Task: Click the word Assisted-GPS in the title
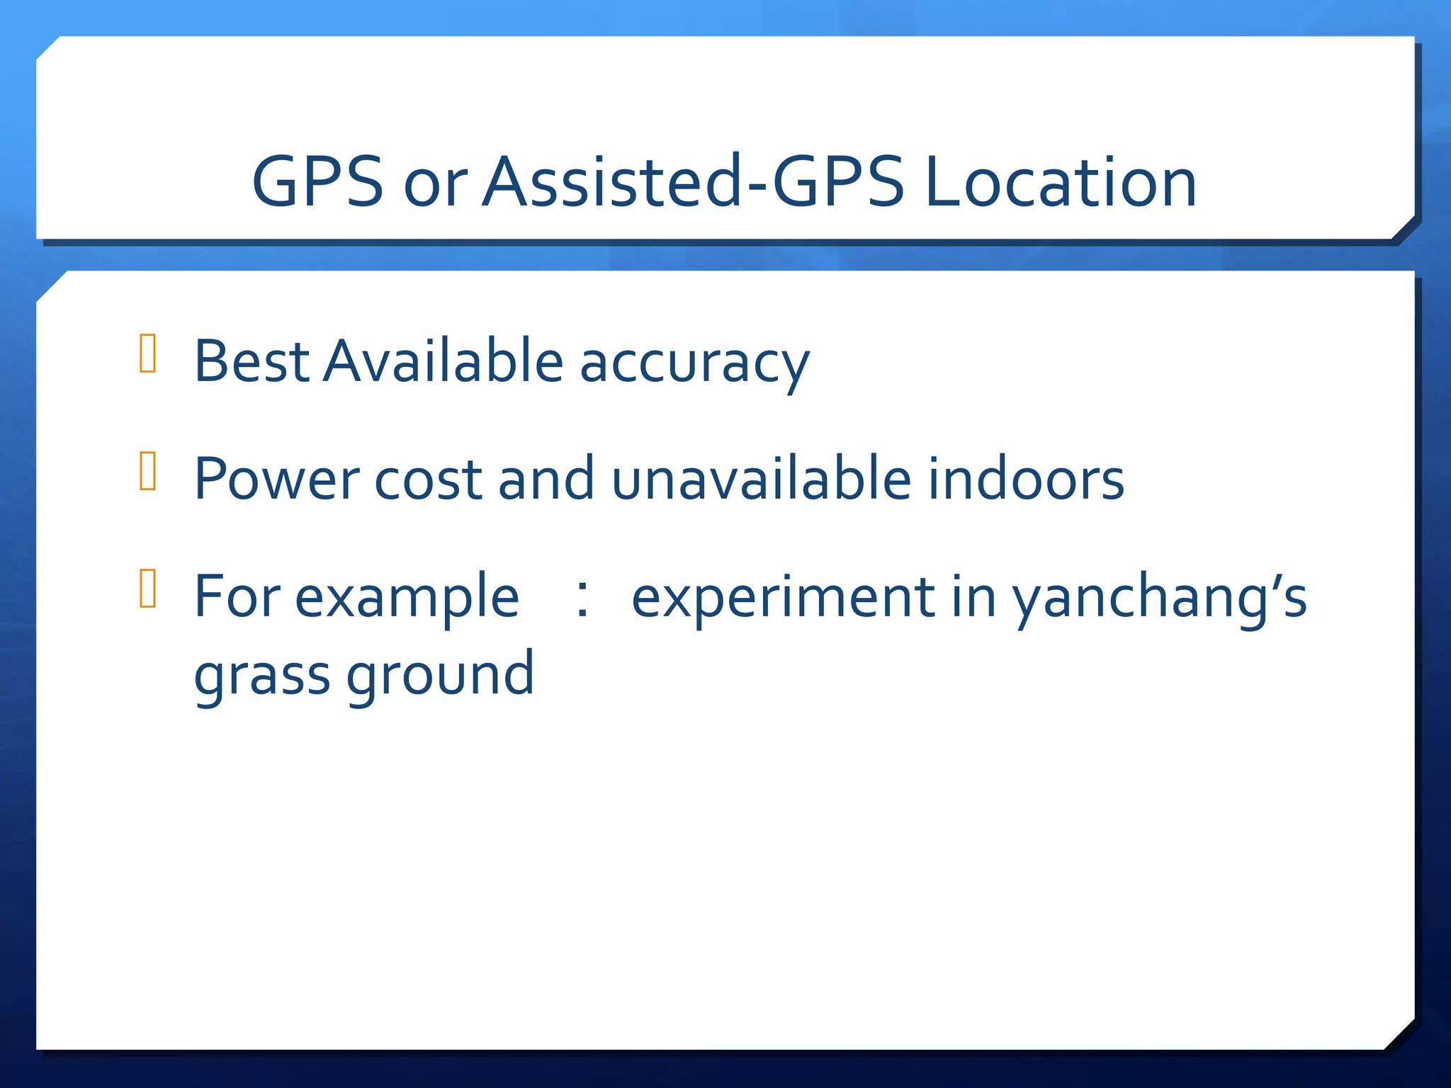(693, 182)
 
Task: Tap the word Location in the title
(1061, 182)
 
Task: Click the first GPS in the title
(317, 182)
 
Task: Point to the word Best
(252, 361)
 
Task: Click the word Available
(444, 361)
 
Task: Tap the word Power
(276, 480)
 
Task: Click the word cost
(428, 480)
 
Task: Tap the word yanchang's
(1159, 599)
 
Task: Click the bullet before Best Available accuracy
(148, 353)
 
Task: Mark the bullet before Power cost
(148, 471)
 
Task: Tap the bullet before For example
(148, 589)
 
